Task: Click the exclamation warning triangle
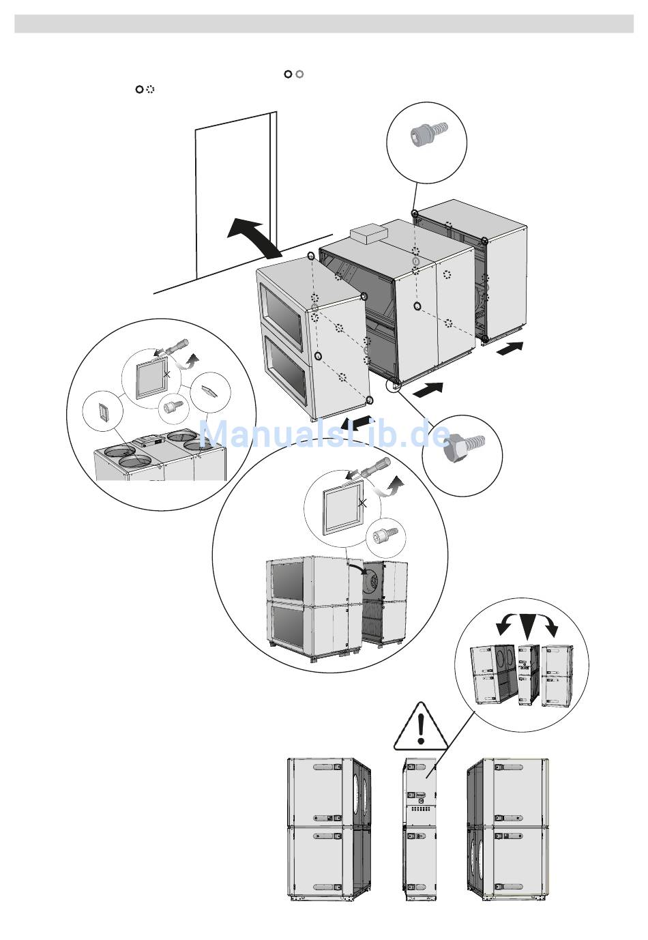pos(421,728)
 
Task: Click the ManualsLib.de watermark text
pos(324,435)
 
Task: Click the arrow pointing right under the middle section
pos(428,391)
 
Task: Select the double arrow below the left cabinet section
pos(357,422)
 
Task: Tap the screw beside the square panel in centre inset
pos(379,538)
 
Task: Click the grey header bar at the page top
pos(324,24)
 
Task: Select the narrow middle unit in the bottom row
pos(420,829)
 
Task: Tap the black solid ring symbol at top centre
pos(289,74)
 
